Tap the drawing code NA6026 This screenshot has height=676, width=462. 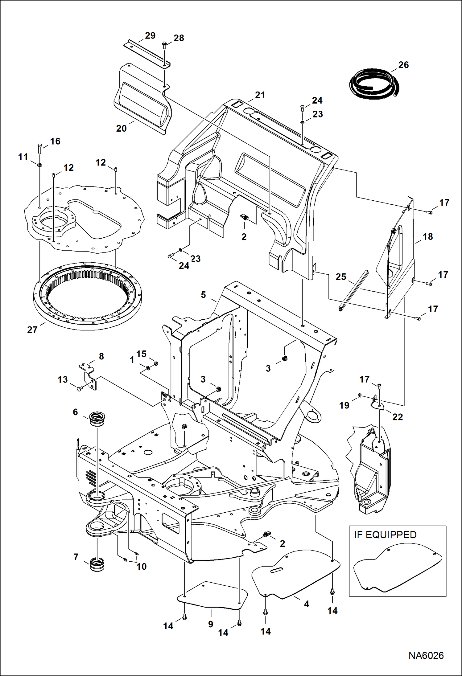426,656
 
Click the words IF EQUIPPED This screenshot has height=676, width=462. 385,535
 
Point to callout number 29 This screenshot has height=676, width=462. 150,36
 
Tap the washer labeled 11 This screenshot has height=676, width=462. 40,166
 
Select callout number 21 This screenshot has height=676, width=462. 260,95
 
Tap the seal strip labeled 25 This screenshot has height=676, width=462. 354,290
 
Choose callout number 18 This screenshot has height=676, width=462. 427,237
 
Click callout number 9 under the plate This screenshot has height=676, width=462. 211,624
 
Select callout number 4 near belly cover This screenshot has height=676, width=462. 306,604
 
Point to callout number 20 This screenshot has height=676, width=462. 121,128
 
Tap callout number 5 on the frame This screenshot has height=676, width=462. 203,295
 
